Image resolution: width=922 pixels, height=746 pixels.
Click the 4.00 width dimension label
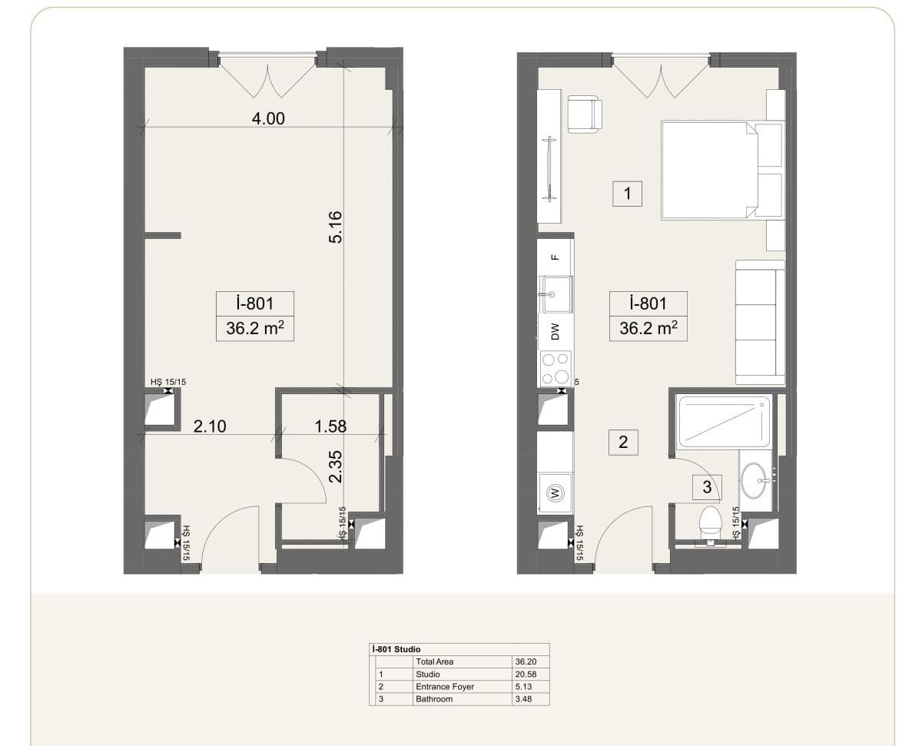coord(268,118)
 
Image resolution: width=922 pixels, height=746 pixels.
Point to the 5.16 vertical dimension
coord(336,227)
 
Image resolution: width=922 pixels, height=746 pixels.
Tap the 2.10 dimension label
coord(210,426)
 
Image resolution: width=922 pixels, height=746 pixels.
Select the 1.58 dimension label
coord(330,426)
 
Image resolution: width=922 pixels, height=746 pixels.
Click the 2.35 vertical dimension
coord(336,467)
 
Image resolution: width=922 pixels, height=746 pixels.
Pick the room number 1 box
coord(627,194)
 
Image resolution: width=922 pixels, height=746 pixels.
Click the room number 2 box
coord(623,443)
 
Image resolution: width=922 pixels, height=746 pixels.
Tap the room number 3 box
coord(707,487)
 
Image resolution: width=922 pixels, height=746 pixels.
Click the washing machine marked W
coord(555,492)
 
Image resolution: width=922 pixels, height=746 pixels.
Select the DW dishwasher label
coord(556,331)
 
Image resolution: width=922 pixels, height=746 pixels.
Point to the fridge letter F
coord(556,257)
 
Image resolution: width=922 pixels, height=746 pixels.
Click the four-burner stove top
coord(556,368)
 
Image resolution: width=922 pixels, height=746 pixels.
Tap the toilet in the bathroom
coord(711,525)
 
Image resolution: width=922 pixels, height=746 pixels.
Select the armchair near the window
coord(585,114)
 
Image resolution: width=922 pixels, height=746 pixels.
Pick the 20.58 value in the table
coord(526,675)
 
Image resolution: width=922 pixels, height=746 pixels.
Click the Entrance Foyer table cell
coord(445,687)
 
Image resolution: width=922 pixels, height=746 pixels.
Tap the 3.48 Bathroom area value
coord(524,699)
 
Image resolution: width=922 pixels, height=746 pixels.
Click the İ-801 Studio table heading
coord(396,649)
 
